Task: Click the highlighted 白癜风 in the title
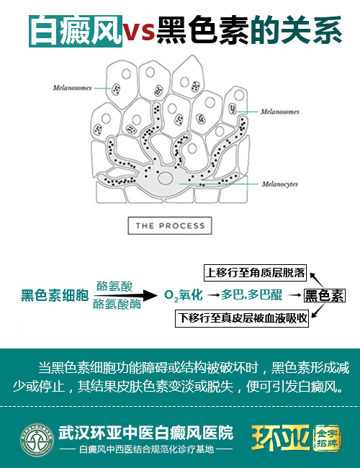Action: (76, 31)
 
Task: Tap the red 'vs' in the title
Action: (138, 31)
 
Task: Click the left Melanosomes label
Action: (72, 88)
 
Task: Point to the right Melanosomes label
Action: (279, 112)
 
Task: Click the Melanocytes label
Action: (279, 184)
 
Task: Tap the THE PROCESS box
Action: (170, 225)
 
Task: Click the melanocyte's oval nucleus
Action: (166, 178)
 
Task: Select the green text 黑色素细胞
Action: (55, 295)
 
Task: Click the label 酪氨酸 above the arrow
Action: (114, 287)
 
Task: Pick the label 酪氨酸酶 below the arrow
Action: (117, 304)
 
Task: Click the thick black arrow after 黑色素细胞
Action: (126, 295)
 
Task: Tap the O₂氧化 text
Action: (184, 295)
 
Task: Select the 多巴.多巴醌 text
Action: (251, 295)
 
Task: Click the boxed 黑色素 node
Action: (325, 295)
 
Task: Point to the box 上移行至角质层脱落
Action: (255, 272)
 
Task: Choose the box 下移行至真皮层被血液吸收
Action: (242, 318)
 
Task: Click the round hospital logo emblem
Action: (37, 440)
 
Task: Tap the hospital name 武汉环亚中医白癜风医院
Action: (145, 433)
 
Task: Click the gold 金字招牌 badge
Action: (327, 438)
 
